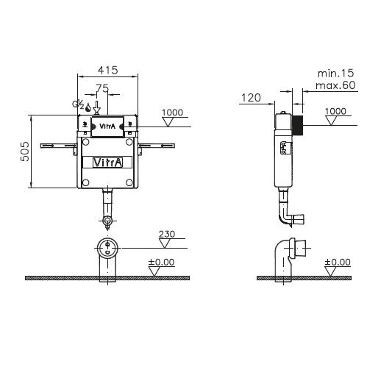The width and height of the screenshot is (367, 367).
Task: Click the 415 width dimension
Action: point(108,70)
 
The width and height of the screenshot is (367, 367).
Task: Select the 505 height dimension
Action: point(25,152)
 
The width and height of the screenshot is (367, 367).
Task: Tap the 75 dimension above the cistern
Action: point(102,88)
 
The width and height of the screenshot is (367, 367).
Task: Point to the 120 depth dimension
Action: point(251,98)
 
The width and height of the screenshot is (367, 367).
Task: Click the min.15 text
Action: point(336,74)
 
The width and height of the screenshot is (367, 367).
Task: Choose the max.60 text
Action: point(335,85)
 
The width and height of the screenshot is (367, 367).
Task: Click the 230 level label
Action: point(167,234)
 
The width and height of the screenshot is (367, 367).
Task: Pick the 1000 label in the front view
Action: point(172,113)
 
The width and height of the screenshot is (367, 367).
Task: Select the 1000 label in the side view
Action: point(335,111)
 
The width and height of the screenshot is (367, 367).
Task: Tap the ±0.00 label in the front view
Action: point(161,262)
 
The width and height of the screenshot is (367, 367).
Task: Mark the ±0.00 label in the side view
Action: point(338,262)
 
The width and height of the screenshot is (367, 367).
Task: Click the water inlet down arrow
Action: point(97,107)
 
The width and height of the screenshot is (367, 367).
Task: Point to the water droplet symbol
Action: point(88,107)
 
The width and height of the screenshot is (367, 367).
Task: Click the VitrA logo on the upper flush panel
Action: point(107,126)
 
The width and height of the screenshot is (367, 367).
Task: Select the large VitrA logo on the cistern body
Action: point(107,163)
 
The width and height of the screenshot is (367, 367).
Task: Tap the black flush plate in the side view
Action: point(298,126)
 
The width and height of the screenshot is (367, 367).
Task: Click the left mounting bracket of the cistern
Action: point(59,147)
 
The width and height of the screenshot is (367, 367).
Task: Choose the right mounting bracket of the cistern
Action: point(156,147)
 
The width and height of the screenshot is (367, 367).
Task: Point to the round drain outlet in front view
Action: point(107,248)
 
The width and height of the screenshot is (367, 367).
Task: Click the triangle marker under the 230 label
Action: point(164,243)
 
